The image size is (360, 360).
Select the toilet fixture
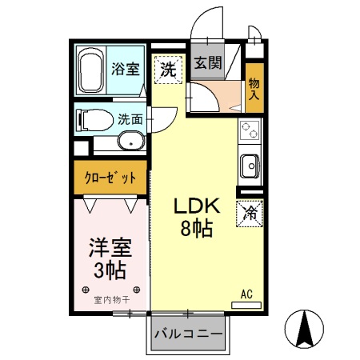coord(92,121)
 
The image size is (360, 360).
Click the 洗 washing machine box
coord(167,69)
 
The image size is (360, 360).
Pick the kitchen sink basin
coord(250,167)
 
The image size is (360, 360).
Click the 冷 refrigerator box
coord(249,214)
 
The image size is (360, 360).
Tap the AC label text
coord(247,294)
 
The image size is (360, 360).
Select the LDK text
coord(194,206)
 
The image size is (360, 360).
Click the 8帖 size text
coord(194,230)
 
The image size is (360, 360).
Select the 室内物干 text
coord(110,301)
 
